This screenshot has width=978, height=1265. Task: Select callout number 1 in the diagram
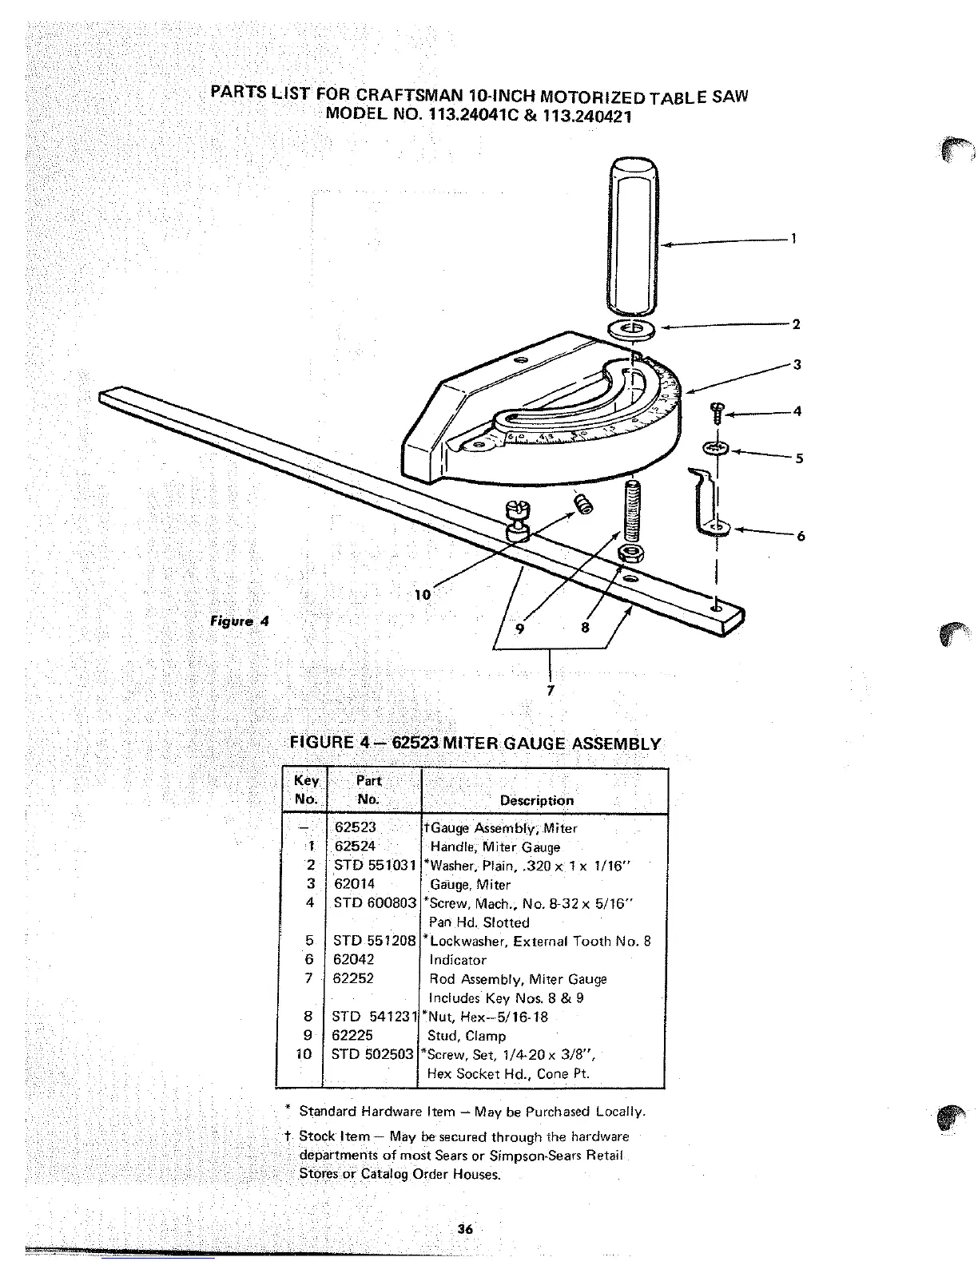[x=793, y=238]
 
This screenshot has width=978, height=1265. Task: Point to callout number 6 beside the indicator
[x=800, y=536]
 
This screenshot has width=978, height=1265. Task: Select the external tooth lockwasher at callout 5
[x=715, y=449]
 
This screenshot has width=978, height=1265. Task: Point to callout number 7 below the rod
[x=550, y=688]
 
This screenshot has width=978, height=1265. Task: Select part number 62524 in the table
[x=355, y=847]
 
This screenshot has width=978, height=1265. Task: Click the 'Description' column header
[x=536, y=800]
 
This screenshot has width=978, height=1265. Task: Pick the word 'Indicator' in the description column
[x=458, y=960]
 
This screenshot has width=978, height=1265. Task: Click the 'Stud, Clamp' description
[x=467, y=1036]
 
